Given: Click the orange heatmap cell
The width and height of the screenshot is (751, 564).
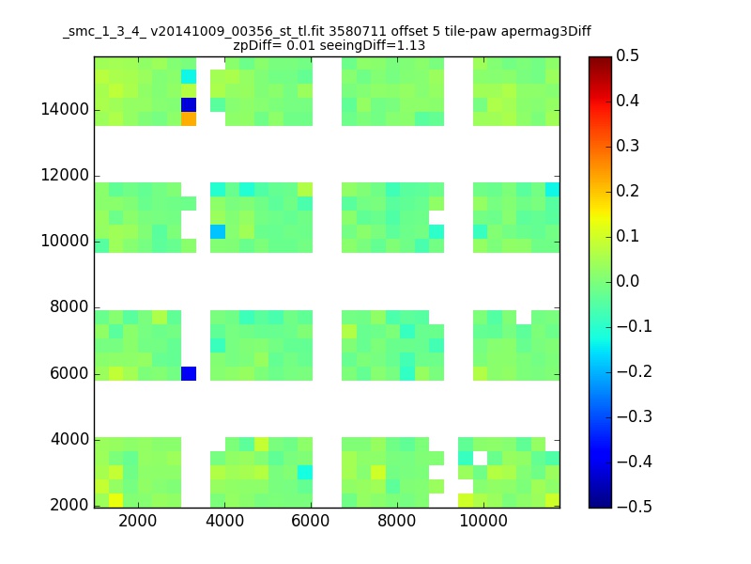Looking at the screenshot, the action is tap(189, 119).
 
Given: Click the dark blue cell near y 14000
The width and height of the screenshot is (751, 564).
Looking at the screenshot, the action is tap(189, 105).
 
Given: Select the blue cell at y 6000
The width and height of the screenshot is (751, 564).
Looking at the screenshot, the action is tap(189, 373).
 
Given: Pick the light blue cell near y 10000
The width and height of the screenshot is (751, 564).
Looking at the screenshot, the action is tap(218, 231).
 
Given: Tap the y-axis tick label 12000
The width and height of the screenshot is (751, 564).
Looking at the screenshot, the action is tap(65, 176).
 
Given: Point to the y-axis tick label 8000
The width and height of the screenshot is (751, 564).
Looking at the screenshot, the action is tap(69, 307).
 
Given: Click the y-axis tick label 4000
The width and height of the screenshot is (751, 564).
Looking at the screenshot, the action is tap(69, 439).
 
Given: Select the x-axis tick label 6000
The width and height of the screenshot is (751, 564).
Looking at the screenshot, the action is tap(311, 521).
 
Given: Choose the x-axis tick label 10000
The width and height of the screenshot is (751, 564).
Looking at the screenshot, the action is tap(483, 521).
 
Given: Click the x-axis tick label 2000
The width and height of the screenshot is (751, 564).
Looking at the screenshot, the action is tap(137, 521).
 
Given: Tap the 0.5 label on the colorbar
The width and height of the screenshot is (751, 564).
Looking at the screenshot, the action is tap(627, 55).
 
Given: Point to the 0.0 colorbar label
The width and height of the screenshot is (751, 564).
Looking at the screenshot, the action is tap(627, 281).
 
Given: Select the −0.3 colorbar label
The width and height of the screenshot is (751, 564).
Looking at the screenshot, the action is tap(635, 416).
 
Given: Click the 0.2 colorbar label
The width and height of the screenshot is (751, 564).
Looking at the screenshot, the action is tap(627, 191).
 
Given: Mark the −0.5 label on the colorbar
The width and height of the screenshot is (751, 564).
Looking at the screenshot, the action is tap(635, 507).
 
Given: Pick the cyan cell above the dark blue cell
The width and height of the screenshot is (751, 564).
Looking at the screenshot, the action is tap(189, 77).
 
